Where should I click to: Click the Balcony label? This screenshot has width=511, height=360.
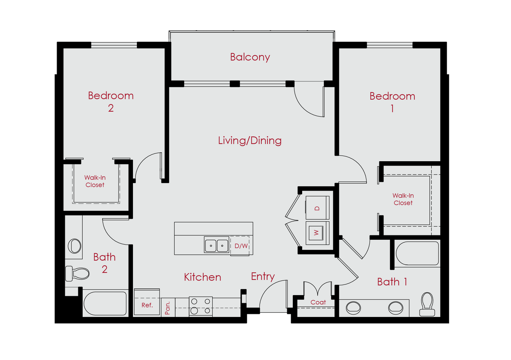coord(250,57)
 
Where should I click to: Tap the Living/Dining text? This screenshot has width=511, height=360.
coord(250,140)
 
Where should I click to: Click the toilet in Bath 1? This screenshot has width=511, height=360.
coord(427,305)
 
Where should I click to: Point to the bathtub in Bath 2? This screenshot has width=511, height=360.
coord(105,303)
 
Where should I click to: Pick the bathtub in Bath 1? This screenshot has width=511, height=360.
coord(417,253)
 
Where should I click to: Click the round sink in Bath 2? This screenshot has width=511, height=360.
coord(75,246)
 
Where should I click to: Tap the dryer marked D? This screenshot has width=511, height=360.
coord(317,208)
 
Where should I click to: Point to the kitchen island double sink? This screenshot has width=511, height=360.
coord(216,245)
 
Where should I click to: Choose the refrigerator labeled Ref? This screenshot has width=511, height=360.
coord(147,305)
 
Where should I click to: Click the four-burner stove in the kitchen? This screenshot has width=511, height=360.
coord(200,306)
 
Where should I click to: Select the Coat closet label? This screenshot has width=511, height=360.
coord(318,302)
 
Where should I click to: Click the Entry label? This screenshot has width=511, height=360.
coord(263,276)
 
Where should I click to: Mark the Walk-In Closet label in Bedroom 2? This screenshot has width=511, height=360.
coord(95,181)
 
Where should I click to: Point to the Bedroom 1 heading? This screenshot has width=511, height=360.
coord(392,102)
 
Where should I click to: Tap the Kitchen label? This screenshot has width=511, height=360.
coord(202,277)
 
